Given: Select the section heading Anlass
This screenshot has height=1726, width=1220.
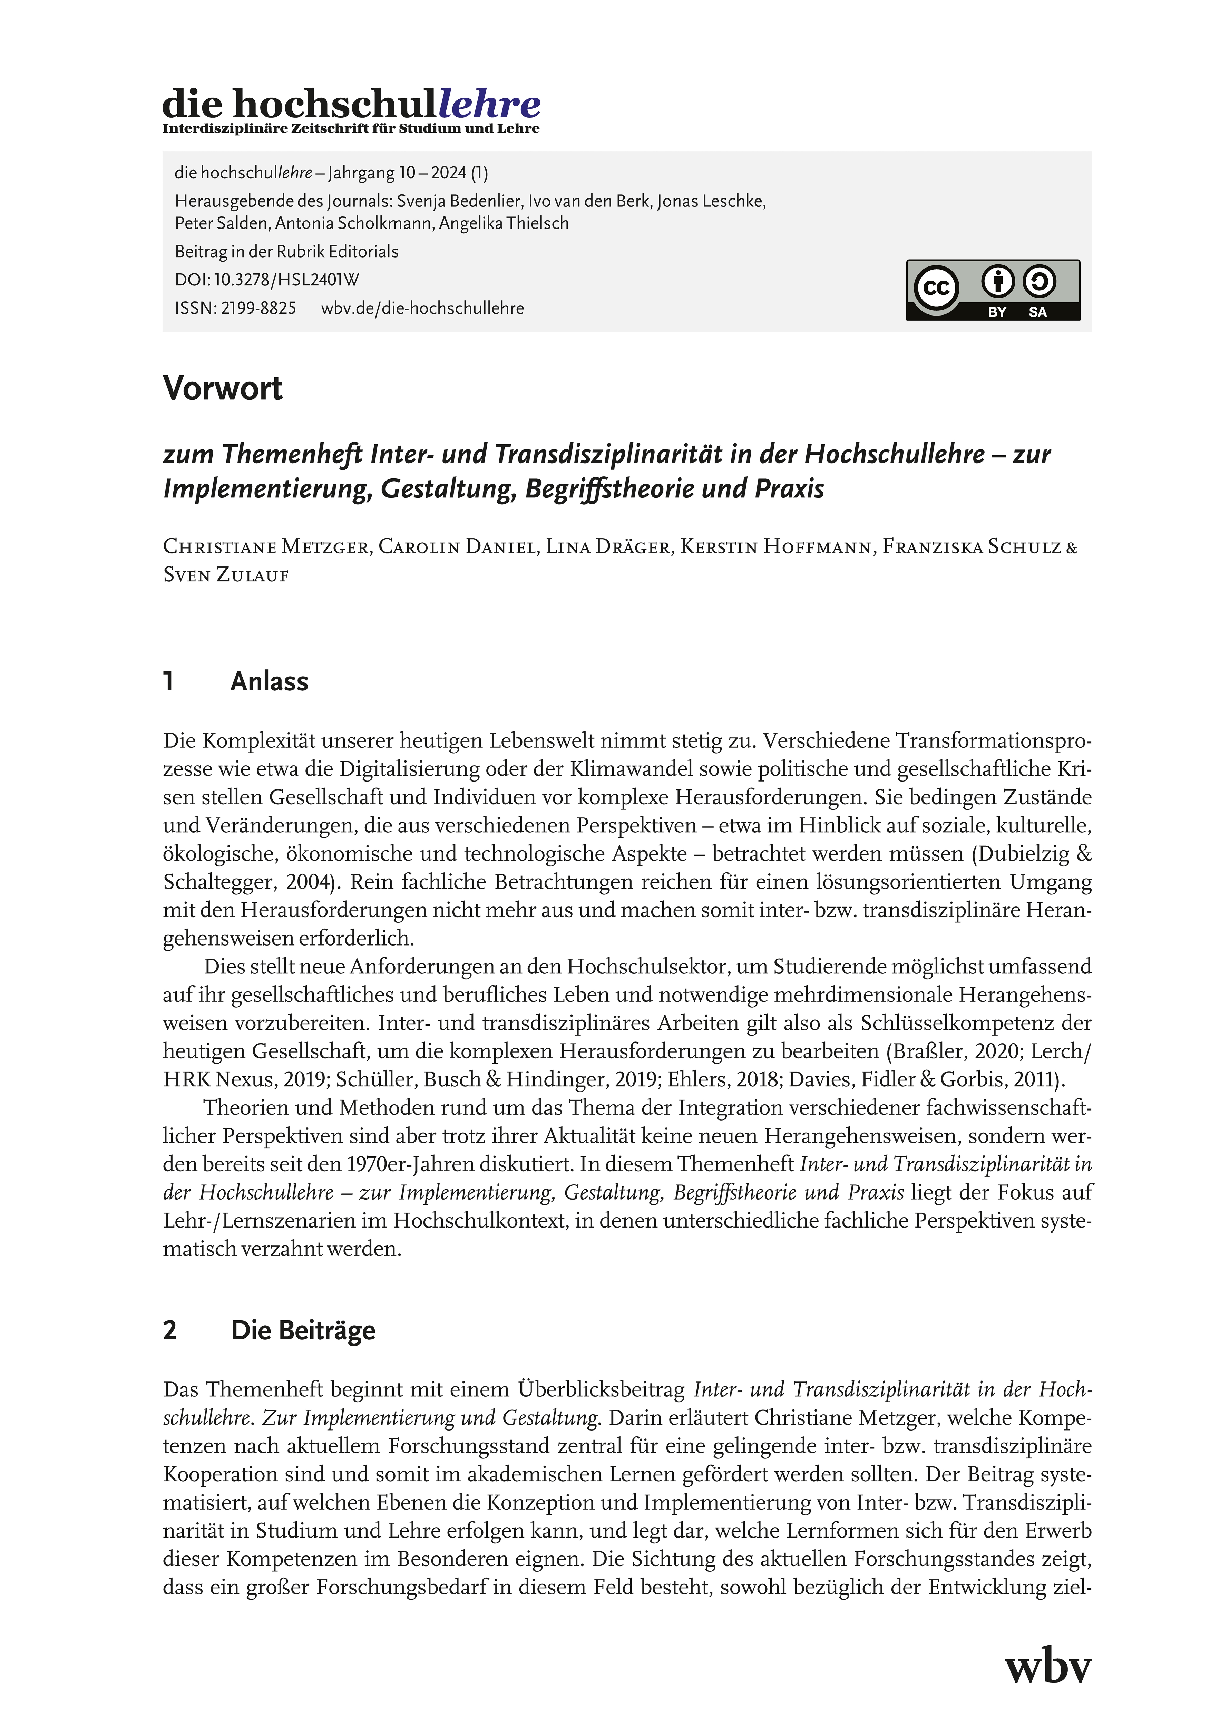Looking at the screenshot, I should click(x=269, y=681).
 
